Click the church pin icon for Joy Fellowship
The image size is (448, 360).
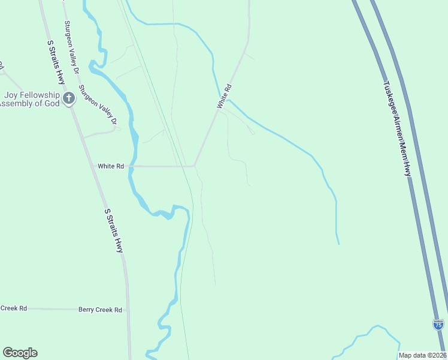click(x=69, y=97)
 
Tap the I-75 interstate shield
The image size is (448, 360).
click(x=438, y=325)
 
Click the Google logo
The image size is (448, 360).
click(x=20, y=353)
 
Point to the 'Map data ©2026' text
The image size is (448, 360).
click(x=422, y=355)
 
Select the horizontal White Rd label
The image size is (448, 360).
click(x=110, y=166)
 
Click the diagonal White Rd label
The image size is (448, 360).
click(x=224, y=97)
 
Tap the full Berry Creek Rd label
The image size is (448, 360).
click(x=100, y=310)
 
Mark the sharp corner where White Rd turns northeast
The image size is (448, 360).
click(x=194, y=166)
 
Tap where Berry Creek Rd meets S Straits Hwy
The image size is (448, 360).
click(x=128, y=310)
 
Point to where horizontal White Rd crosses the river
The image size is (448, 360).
click(x=133, y=166)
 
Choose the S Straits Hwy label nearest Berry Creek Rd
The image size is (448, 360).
click(x=114, y=230)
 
